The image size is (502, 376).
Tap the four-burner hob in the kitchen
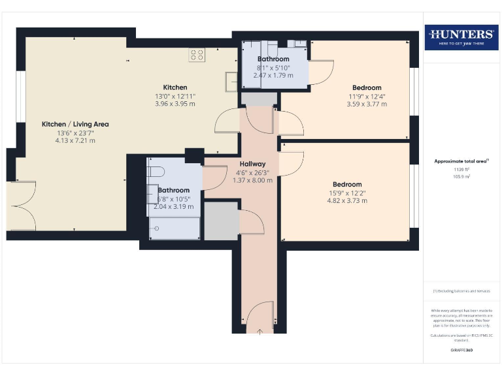pyautogui.click(x=197, y=55)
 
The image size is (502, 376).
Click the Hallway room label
pyautogui.click(x=252, y=164)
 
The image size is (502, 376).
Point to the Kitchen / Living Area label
pyautogui.click(x=75, y=124)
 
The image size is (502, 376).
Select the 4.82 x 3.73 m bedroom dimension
pyautogui.click(x=346, y=201)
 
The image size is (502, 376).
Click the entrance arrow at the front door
pyautogui.click(x=259, y=332)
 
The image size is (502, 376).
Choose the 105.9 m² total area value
pyautogui.click(x=461, y=176)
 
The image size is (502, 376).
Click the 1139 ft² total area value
pyautogui.click(x=461, y=169)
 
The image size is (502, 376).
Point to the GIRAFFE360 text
pyautogui.click(x=461, y=351)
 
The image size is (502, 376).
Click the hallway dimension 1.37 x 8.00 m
pyautogui.click(x=252, y=180)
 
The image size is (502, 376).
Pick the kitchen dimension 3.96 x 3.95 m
pyautogui.click(x=175, y=104)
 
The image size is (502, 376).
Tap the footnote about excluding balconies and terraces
pyautogui.click(x=461, y=291)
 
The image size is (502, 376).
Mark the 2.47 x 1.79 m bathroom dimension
pyautogui.click(x=274, y=75)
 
